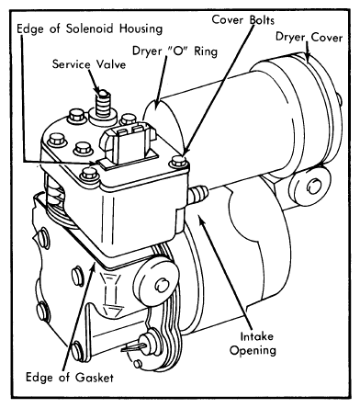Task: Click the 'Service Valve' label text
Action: coord(89,64)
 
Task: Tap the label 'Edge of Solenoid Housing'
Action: coord(89,28)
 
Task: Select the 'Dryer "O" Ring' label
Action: coord(174,51)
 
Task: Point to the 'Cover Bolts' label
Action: coord(243,20)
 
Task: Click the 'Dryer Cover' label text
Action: coord(309,37)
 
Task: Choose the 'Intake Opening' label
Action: coord(253,344)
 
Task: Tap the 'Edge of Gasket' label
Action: coord(70,378)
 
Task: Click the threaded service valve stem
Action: coord(103,104)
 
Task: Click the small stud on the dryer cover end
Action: coord(338,99)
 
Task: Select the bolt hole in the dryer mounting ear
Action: coord(314,187)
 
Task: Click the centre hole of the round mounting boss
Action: coord(162,286)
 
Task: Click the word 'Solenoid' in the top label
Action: coord(90,28)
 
